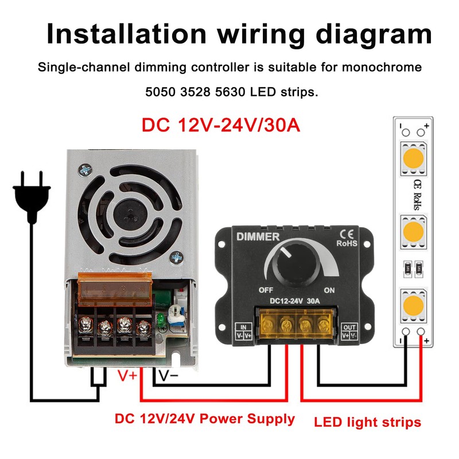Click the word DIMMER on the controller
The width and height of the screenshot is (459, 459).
click(x=258, y=236)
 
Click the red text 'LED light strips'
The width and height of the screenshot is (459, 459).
click(x=368, y=423)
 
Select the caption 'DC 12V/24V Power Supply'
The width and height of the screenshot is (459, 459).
click(x=205, y=419)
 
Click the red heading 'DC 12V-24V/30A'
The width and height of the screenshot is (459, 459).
click(x=221, y=125)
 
